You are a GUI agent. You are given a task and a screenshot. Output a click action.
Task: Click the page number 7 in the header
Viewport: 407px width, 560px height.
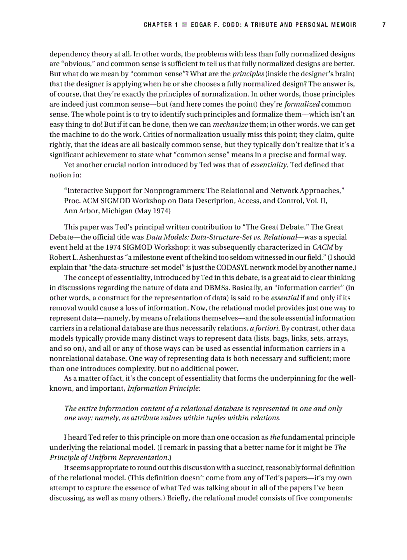pyautogui.click(x=384, y=25)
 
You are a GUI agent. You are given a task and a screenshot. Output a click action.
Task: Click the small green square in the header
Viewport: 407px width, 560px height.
pyautogui.click(x=184, y=25)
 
